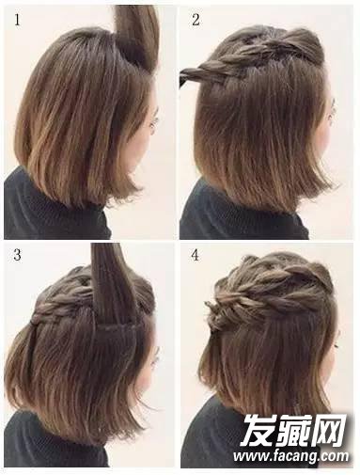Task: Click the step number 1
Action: (x=17, y=20)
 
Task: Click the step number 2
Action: (x=196, y=20)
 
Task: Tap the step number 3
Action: (x=17, y=255)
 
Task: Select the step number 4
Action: (x=196, y=255)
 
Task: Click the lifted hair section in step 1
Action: (x=138, y=35)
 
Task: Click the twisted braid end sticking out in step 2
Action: (x=191, y=75)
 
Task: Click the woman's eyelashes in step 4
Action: (x=336, y=346)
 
